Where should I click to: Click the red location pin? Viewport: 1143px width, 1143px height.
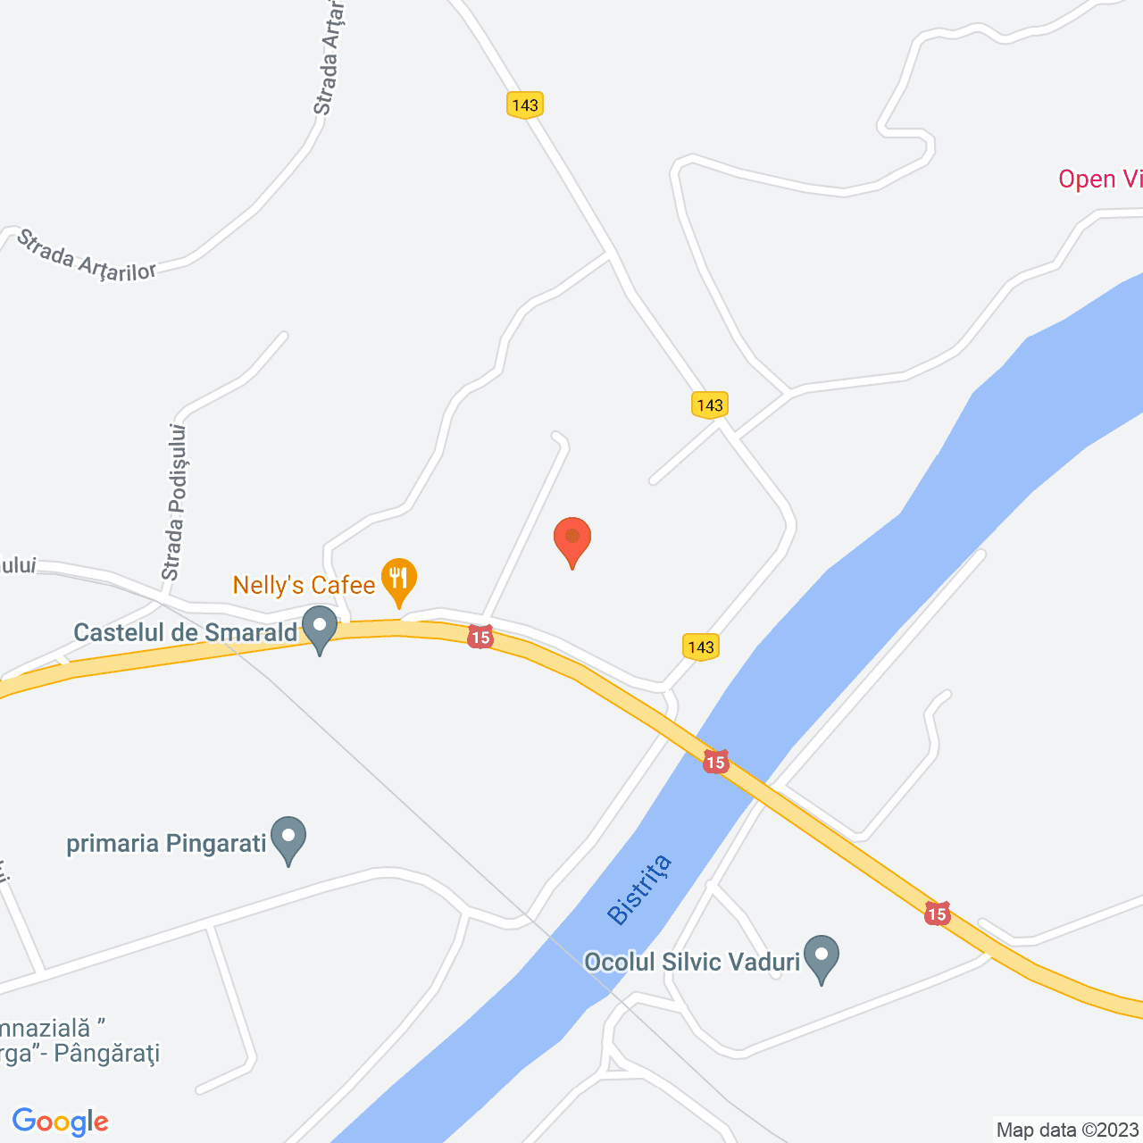point(572,539)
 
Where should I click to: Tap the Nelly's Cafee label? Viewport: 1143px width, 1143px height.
point(304,586)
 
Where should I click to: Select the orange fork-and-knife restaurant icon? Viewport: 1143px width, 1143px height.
point(399,579)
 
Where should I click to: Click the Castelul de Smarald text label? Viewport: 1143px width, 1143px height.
point(185,633)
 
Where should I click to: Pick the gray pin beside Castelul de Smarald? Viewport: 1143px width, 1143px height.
point(320,629)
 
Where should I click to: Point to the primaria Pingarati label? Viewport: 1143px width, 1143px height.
point(167,844)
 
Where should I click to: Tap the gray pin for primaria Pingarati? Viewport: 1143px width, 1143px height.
point(288,838)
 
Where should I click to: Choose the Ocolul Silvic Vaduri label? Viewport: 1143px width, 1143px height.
point(691,962)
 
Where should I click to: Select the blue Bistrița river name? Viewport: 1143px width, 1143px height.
point(638,889)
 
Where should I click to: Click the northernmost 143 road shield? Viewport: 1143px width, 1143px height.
point(525,105)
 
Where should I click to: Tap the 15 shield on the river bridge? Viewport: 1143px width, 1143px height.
point(715,762)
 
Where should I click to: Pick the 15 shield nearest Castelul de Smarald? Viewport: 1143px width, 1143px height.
point(480,638)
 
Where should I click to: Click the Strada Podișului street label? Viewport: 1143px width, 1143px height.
point(174,502)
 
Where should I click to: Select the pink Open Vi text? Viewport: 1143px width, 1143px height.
point(1099,179)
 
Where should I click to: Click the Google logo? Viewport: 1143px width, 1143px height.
point(61,1122)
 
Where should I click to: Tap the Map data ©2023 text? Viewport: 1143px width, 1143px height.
point(1068,1130)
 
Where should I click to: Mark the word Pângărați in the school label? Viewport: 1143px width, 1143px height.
point(106,1054)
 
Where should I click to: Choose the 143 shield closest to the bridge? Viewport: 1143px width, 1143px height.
point(701,647)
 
